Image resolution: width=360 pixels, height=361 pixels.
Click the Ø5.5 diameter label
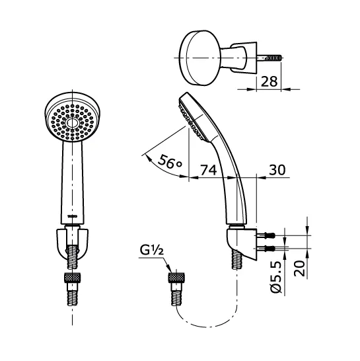click(x=277, y=278)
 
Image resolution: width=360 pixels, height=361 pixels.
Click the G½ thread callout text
click(x=151, y=251)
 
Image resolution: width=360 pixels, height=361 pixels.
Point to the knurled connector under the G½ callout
click(x=176, y=278)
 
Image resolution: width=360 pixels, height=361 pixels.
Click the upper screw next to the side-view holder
click(x=269, y=235)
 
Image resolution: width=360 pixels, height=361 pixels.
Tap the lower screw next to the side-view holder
click(x=269, y=249)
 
